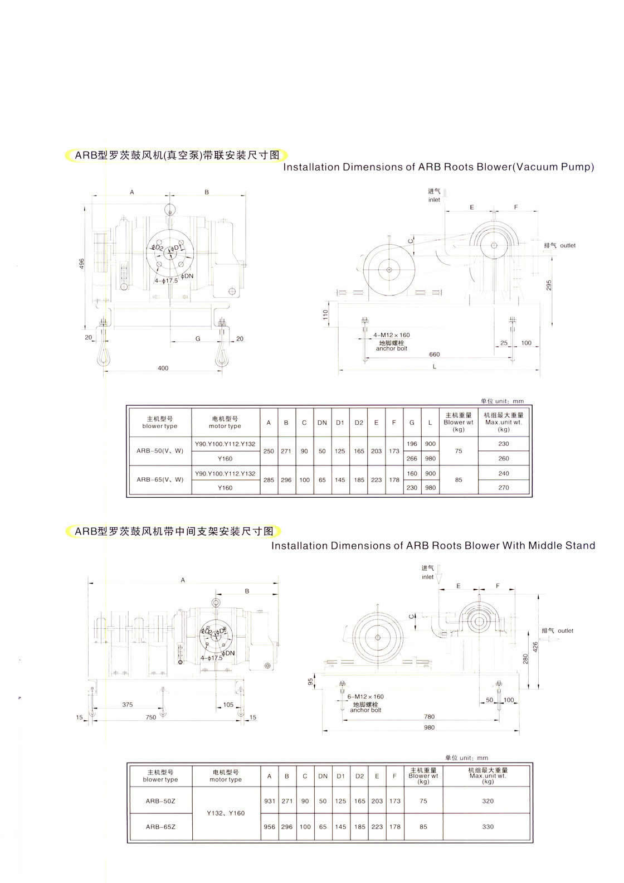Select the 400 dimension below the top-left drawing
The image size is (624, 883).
click(x=163, y=368)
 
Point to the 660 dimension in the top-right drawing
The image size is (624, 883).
click(x=434, y=355)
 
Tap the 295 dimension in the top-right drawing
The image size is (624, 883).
click(x=549, y=285)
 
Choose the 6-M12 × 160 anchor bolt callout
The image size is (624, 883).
click(x=365, y=697)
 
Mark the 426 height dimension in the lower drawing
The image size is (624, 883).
click(x=535, y=647)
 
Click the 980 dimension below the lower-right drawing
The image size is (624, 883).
click(x=429, y=727)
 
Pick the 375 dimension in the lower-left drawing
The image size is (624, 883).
click(x=128, y=705)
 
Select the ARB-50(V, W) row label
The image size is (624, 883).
click(x=160, y=451)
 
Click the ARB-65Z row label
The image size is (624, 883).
click(x=160, y=827)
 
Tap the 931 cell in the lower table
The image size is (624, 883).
click(x=270, y=801)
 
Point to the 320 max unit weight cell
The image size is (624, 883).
click(x=488, y=801)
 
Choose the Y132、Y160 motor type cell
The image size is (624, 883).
click(x=226, y=813)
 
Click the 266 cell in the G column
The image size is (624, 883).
click(x=412, y=458)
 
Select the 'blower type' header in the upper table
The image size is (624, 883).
click(x=160, y=426)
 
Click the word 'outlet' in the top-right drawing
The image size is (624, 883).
click(x=568, y=245)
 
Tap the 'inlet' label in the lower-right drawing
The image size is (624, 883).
click(x=427, y=577)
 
